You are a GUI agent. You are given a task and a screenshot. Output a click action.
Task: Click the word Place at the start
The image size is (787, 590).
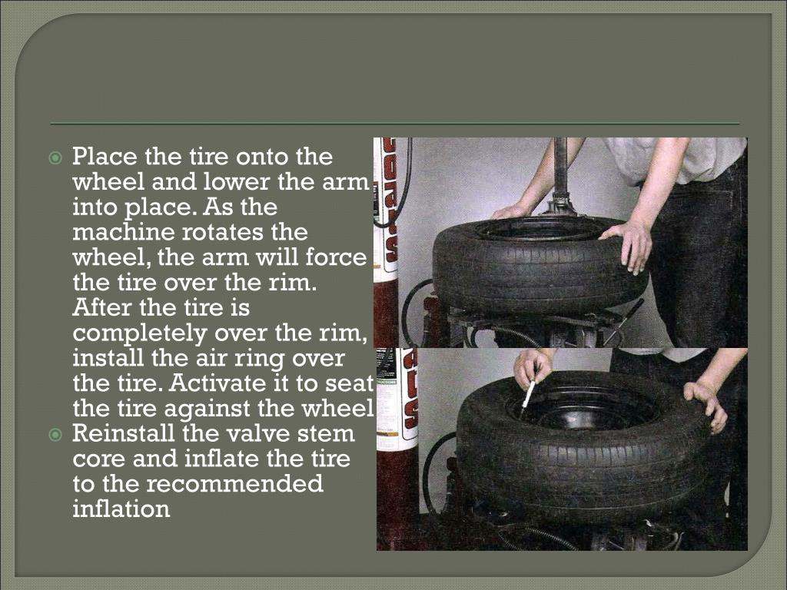(x=105, y=157)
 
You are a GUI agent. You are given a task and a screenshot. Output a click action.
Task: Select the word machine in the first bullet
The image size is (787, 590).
(x=123, y=232)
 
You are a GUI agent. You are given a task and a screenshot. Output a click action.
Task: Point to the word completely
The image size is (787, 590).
(x=140, y=333)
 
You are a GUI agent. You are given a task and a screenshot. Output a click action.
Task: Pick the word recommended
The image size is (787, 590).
(x=234, y=484)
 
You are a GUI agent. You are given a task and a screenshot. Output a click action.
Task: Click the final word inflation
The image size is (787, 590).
(x=121, y=509)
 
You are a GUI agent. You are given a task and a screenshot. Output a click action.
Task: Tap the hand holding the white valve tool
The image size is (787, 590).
(x=530, y=369)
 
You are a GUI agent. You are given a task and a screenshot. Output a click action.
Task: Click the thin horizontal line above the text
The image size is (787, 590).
(x=395, y=124)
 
